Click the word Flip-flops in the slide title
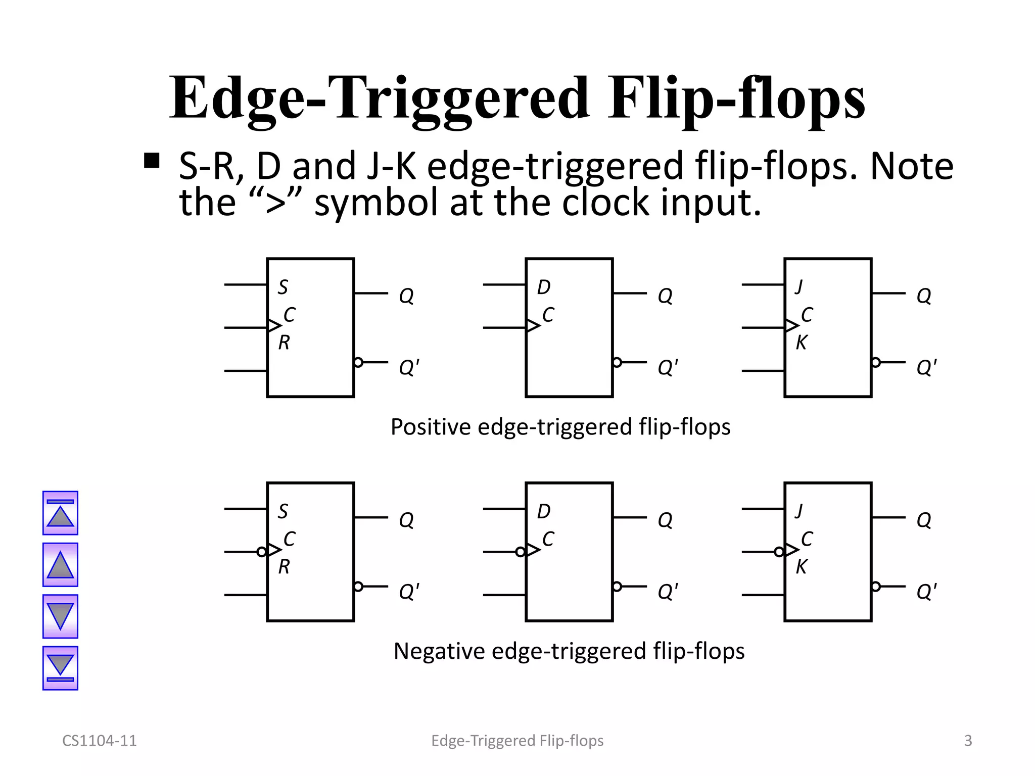(x=736, y=99)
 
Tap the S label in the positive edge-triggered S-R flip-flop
(x=283, y=287)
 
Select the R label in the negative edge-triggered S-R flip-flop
(x=284, y=567)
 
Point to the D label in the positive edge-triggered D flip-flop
(x=543, y=287)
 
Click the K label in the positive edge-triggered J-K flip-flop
(x=801, y=343)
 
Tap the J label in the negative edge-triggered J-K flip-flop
(x=799, y=511)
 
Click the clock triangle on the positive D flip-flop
(x=533, y=325)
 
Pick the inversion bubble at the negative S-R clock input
(x=261, y=552)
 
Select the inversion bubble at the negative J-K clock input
(x=779, y=552)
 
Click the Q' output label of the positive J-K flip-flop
(x=926, y=367)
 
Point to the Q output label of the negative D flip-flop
(x=665, y=520)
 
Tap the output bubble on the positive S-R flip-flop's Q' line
(x=358, y=362)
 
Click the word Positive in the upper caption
(x=431, y=427)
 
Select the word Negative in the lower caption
(x=439, y=651)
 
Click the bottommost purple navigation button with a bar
(x=60, y=668)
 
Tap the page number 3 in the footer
(x=968, y=741)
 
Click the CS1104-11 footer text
(x=100, y=741)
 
